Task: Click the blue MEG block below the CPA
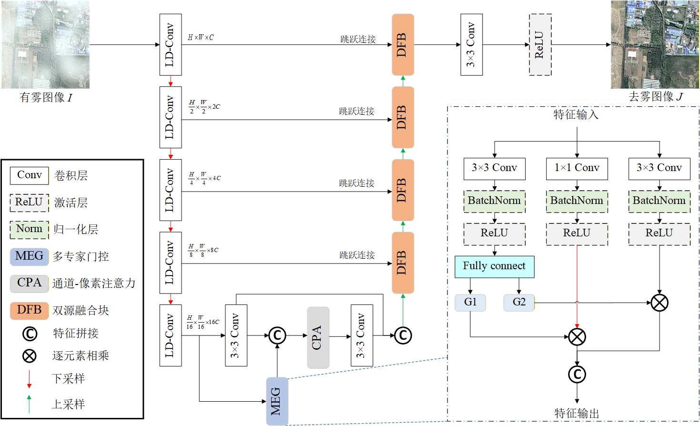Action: click(277, 401)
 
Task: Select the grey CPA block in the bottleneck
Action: click(318, 337)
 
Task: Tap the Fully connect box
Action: click(494, 266)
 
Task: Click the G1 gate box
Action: click(470, 303)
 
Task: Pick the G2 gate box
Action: click(519, 303)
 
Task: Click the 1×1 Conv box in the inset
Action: click(577, 169)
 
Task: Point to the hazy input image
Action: click(45, 44)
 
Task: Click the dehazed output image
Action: click(655, 44)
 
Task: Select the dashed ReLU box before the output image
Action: click(540, 45)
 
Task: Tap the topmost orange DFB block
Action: click(403, 45)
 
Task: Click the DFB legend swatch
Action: click(30, 310)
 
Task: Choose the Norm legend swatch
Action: click(30, 230)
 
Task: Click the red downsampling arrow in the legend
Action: click(29, 379)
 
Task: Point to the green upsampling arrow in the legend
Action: click(29, 404)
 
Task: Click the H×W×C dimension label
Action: click(201, 38)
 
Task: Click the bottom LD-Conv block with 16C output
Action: click(171, 335)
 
